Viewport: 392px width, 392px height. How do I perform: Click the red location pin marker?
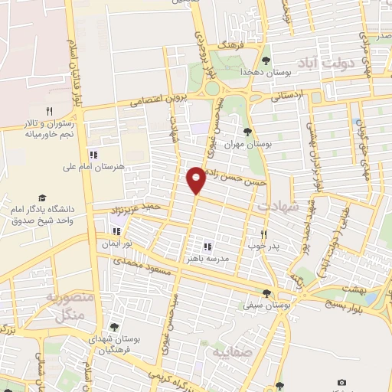(x=197, y=179)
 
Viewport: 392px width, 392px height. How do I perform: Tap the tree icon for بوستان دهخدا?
(x=266, y=60)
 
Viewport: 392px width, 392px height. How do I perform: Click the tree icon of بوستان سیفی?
(x=266, y=293)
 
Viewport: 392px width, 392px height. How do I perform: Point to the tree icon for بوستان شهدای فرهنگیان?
(x=114, y=327)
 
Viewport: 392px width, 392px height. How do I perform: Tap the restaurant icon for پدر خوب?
(x=264, y=234)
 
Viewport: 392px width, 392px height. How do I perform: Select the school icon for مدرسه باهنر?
(x=207, y=247)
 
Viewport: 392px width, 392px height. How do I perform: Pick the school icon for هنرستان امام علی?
(x=93, y=152)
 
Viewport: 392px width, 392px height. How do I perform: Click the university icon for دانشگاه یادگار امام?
(x=43, y=198)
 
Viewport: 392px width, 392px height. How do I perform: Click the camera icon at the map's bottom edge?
(x=341, y=382)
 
